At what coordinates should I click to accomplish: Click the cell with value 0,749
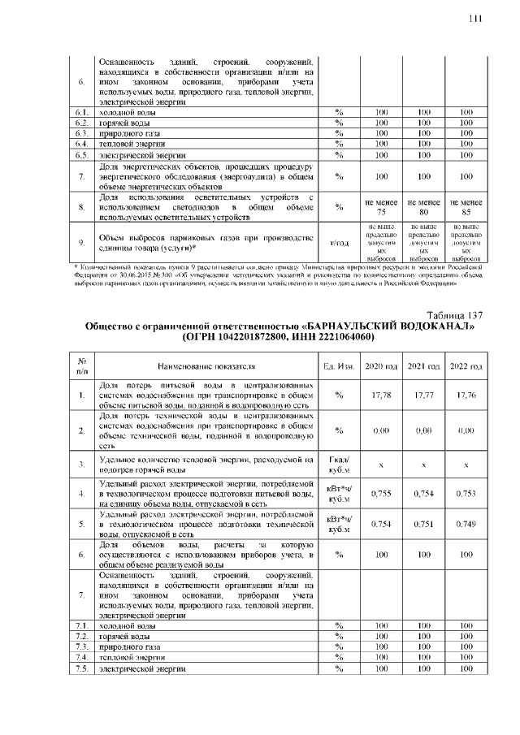pos(466,524)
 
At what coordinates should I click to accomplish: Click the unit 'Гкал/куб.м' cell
pos(338,465)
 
